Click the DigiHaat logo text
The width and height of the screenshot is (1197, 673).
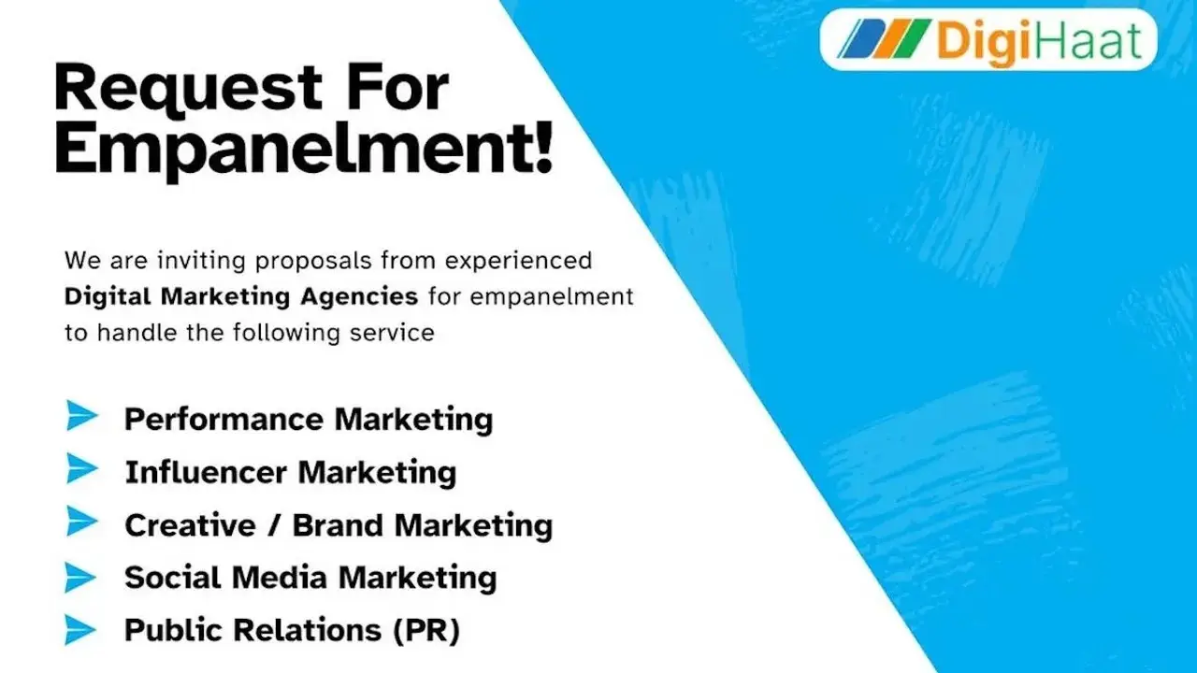click(1037, 41)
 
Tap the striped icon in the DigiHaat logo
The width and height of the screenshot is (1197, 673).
click(881, 39)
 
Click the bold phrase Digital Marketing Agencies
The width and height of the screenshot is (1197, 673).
click(240, 296)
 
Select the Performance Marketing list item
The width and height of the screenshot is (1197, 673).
click(308, 419)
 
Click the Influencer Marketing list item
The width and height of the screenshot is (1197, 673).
click(290, 472)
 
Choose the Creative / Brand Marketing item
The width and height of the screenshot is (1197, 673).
click(338, 525)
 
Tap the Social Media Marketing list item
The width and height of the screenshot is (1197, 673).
click(310, 578)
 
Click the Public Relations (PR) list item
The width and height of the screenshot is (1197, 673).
click(292, 630)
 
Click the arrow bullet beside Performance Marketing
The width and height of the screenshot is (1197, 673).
click(81, 416)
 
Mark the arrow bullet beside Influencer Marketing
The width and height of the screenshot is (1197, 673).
click(81, 469)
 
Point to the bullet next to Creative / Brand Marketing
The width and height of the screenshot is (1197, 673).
click(81, 523)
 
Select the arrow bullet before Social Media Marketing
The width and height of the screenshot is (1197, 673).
click(81, 578)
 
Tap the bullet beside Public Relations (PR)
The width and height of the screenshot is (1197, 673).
click(81, 631)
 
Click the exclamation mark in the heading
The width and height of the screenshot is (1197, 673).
click(544, 150)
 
